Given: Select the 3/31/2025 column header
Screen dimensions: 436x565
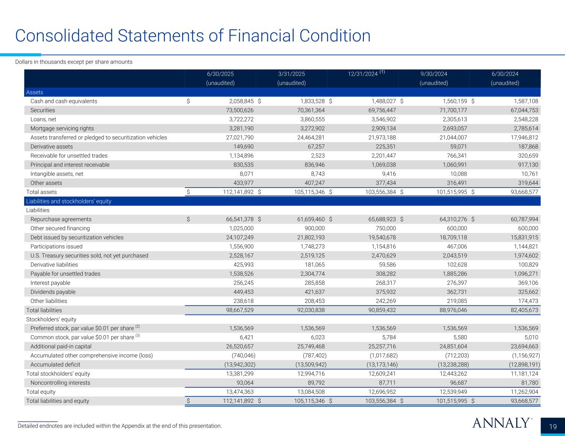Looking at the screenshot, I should tap(291, 74).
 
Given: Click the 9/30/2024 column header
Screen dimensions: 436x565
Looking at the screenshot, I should tap(434, 74).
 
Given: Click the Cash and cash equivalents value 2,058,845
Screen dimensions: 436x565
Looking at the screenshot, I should tap(235, 101).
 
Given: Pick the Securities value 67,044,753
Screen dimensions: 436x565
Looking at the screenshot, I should tap(520, 110).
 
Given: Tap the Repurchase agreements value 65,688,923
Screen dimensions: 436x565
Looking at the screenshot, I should tap(378, 219).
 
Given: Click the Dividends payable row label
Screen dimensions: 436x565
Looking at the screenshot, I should tap(53, 292).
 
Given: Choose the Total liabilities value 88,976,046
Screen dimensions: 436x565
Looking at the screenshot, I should tap(449, 310).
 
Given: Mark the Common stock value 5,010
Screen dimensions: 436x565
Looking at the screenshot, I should tap(530, 338).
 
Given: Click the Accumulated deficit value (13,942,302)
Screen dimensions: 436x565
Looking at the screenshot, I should tap(236, 365).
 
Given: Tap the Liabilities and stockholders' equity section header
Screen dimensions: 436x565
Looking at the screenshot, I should tap(69, 201).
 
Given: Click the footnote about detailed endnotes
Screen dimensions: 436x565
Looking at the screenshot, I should tap(120, 426).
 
